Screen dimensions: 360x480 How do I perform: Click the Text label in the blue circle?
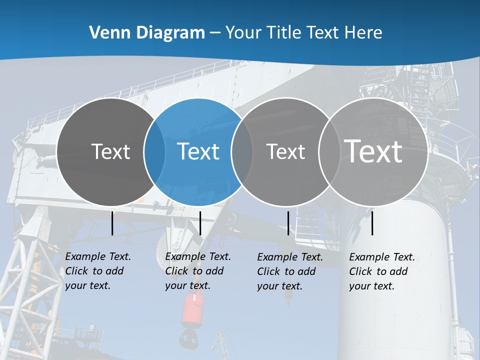(x=198, y=151)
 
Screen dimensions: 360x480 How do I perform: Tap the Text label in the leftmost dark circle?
(x=110, y=151)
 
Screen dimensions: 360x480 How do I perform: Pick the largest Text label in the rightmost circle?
(x=373, y=151)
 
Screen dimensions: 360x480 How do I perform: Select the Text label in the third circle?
(x=285, y=151)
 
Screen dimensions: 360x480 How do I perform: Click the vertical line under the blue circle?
(x=200, y=223)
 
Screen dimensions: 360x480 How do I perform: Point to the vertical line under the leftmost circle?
(x=112, y=223)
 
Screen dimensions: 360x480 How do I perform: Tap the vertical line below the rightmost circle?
(x=372, y=223)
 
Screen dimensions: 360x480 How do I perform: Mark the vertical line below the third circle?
(x=288, y=223)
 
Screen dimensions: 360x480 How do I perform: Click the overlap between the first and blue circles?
(x=154, y=151)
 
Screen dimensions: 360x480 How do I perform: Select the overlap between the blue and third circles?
(x=241, y=151)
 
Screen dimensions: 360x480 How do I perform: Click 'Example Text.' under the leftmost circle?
(x=98, y=256)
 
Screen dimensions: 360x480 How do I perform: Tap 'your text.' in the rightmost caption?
(x=371, y=286)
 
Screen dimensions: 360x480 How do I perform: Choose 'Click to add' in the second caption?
(x=194, y=271)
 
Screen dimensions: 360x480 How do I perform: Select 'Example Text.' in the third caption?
(x=290, y=257)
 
